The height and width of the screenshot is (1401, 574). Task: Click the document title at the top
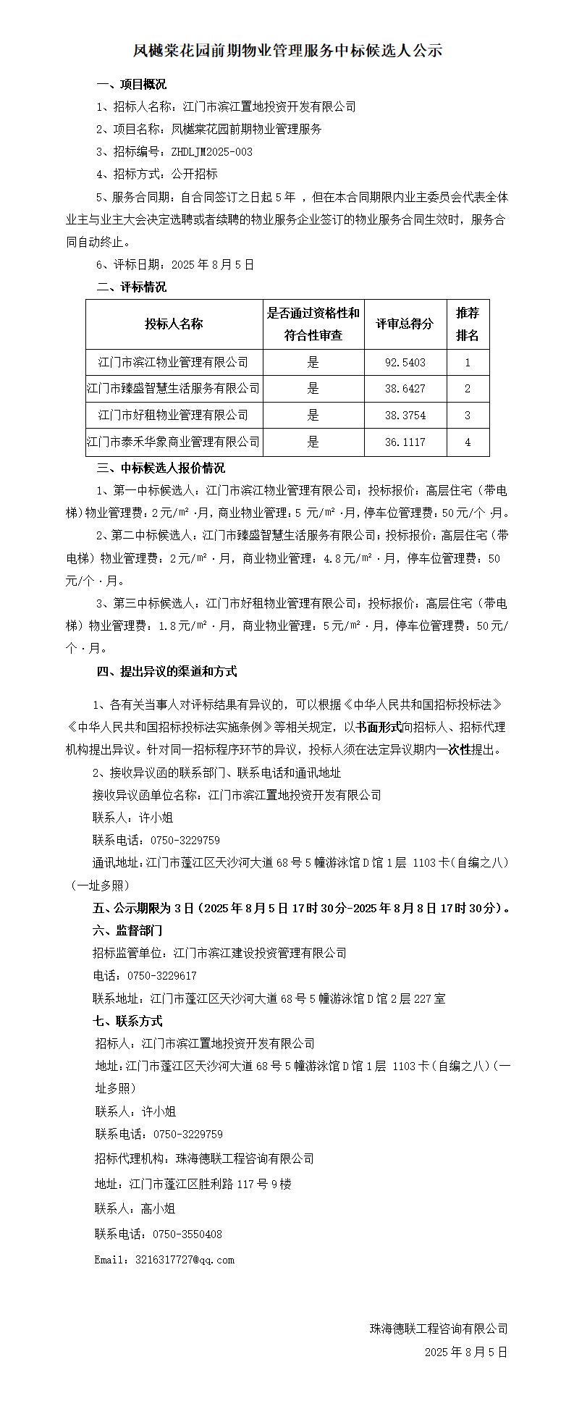coord(287,51)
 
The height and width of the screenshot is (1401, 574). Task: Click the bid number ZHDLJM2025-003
coord(212,152)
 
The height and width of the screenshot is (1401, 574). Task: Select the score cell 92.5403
coord(405,362)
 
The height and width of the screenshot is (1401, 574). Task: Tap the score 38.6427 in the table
coord(405,389)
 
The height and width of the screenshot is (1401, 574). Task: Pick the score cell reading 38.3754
coord(405,415)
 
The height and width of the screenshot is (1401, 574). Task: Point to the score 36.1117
coord(405,442)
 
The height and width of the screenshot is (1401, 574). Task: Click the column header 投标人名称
coord(174,324)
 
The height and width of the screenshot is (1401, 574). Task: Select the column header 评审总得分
coord(405,324)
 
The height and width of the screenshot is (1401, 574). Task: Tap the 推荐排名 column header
coord(468,324)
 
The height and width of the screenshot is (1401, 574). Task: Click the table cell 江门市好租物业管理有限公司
coord(174,415)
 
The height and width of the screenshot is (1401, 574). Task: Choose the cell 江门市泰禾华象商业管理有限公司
coord(174,442)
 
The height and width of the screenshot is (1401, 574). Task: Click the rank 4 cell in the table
coord(468,442)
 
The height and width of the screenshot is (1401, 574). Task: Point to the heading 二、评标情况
coord(131,287)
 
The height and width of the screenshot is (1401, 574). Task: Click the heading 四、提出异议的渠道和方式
coord(166,671)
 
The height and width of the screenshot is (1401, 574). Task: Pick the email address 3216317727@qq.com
coord(185,1259)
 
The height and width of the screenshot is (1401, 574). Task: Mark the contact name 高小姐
coord(158,1208)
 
